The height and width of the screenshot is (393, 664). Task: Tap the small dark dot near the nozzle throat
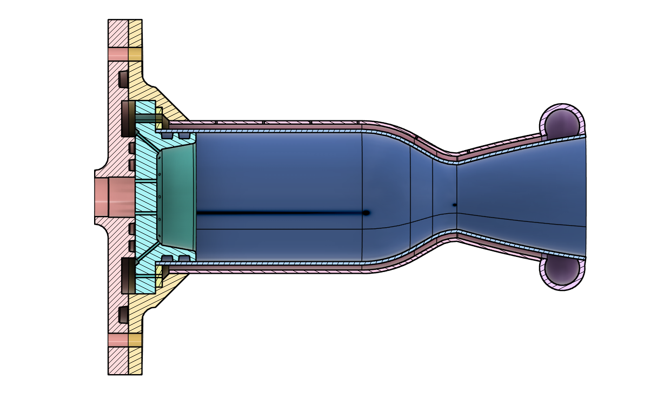tap(454, 205)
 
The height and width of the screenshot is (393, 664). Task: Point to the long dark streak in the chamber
tap(281, 213)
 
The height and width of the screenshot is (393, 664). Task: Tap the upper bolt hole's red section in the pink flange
tap(118, 55)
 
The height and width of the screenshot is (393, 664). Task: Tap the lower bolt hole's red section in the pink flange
tap(118, 340)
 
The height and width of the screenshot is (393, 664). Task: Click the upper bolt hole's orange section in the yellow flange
tap(135, 55)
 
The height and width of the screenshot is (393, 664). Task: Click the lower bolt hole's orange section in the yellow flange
tap(135, 340)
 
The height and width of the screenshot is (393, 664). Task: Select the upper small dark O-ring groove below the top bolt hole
tap(123, 79)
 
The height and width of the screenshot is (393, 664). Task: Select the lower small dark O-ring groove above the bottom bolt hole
tap(123, 315)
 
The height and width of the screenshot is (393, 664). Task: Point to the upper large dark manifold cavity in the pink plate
tap(128, 118)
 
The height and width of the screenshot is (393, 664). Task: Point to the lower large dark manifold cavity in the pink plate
tap(128, 275)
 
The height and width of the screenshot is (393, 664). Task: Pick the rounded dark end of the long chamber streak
tap(366, 213)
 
